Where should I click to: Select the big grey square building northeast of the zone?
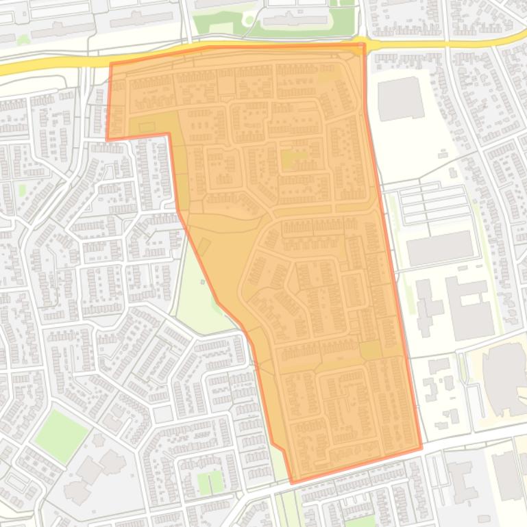[400, 99]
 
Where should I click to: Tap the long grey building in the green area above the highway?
[295, 20]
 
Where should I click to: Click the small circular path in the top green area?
[247, 20]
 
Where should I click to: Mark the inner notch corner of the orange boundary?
[169, 134]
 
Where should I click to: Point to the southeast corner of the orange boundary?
[421, 449]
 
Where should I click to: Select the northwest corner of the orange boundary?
[110, 64]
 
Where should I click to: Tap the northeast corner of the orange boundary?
[364, 44]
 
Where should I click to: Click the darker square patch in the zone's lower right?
[371, 350]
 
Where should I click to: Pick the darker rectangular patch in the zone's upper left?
[146, 127]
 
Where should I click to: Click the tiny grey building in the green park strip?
[203, 281]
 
